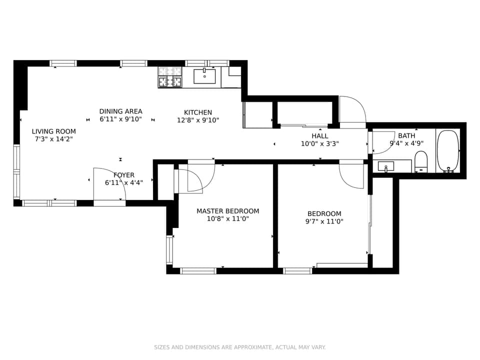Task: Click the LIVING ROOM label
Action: (54, 131)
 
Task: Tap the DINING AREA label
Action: (120, 111)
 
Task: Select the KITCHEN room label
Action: (198, 112)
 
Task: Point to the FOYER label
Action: (124, 175)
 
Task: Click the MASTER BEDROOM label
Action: (227, 211)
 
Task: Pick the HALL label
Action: (320, 136)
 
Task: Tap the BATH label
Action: (406, 135)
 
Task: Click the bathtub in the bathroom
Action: (447, 151)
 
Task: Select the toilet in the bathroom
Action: (421, 162)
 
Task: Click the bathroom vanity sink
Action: (385, 166)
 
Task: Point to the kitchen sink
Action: (204, 76)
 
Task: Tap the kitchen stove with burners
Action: (170, 77)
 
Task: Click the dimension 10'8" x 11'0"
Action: (227, 219)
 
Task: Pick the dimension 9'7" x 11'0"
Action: (324, 221)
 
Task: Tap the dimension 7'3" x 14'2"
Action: (54, 139)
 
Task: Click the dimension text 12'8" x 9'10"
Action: (198, 120)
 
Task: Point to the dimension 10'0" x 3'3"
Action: (320, 144)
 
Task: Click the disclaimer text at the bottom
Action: (240, 347)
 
